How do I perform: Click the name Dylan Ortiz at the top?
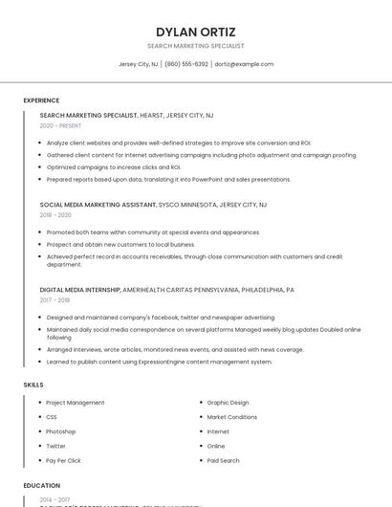tap(196, 32)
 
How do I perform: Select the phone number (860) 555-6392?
tap(185, 64)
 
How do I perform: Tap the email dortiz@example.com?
tap(244, 64)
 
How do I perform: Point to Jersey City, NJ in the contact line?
tap(138, 64)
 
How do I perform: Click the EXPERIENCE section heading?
tap(41, 100)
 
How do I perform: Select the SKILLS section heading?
tap(33, 385)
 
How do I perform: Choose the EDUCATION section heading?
tap(41, 486)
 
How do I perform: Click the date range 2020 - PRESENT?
tap(60, 125)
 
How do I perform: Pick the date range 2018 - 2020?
tap(55, 215)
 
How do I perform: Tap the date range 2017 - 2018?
tap(55, 299)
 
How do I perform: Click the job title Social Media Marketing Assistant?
tap(98, 205)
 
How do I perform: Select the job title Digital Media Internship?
tap(79, 289)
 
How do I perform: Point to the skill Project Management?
tap(76, 403)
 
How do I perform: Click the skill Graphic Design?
tap(228, 403)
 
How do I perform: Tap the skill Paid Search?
tap(223, 460)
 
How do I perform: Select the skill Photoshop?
tap(61, 431)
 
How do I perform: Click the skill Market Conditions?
tap(231, 417)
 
